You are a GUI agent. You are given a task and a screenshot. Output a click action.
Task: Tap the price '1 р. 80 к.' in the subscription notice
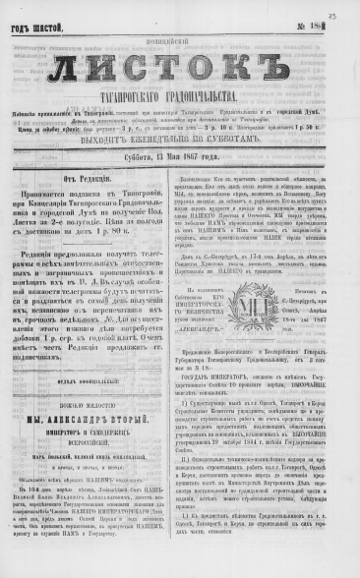point(133,260)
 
